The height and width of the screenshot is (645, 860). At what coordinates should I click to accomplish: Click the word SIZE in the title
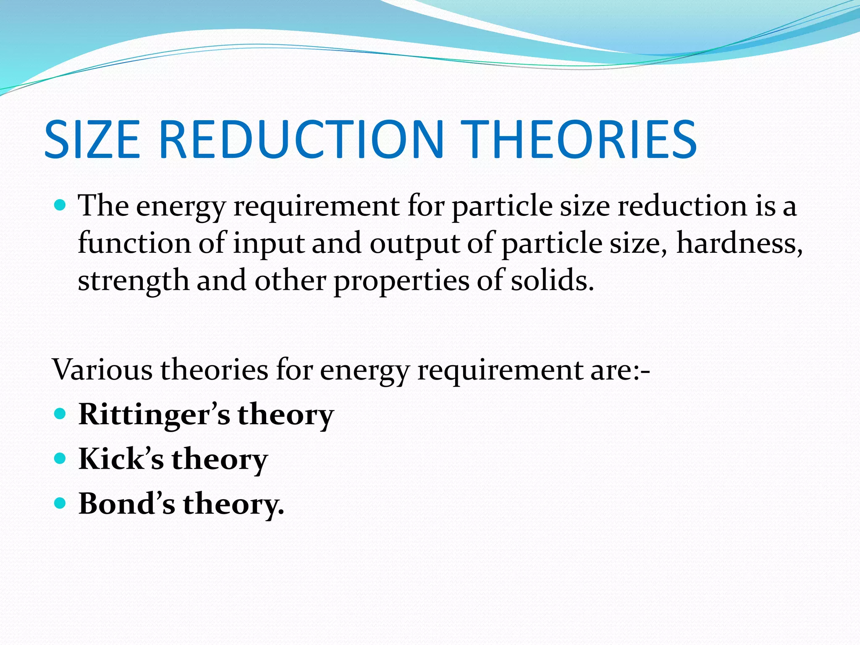92,139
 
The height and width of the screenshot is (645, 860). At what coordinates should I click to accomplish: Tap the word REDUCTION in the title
301,139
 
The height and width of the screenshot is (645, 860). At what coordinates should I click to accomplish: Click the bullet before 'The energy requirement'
60,206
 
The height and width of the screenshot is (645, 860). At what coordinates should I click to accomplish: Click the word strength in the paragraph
133,281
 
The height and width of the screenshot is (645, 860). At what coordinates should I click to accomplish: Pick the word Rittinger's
154,414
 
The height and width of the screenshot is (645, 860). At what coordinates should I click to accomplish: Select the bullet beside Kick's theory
60,458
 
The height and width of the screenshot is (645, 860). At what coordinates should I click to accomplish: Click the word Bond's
126,503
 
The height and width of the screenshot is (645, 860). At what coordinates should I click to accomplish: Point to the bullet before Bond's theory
60,503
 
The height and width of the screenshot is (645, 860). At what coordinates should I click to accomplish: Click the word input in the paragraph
268,244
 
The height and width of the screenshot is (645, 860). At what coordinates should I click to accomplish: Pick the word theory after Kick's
219,459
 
